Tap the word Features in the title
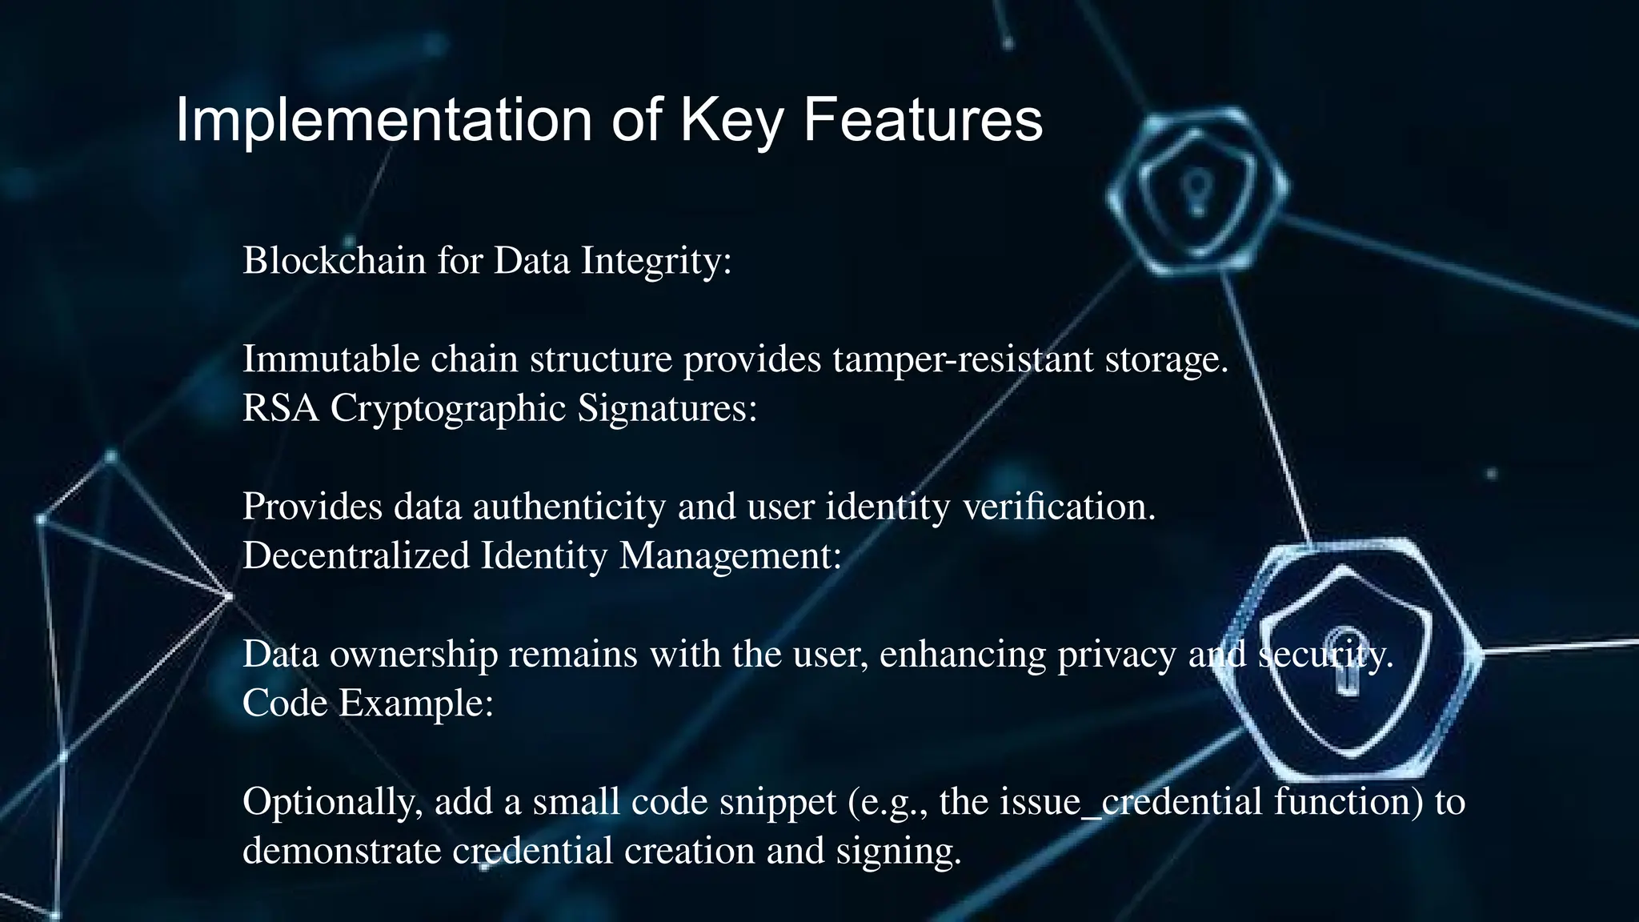tap(923, 120)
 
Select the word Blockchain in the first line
tap(334, 260)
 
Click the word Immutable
tap(331, 359)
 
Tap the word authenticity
tap(569, 506)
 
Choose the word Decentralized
tap(356, 555)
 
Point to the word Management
tap(731, 555)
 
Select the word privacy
tap(1117, 655)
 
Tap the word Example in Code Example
tap(415, 704)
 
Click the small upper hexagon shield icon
tap(1197, 192)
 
